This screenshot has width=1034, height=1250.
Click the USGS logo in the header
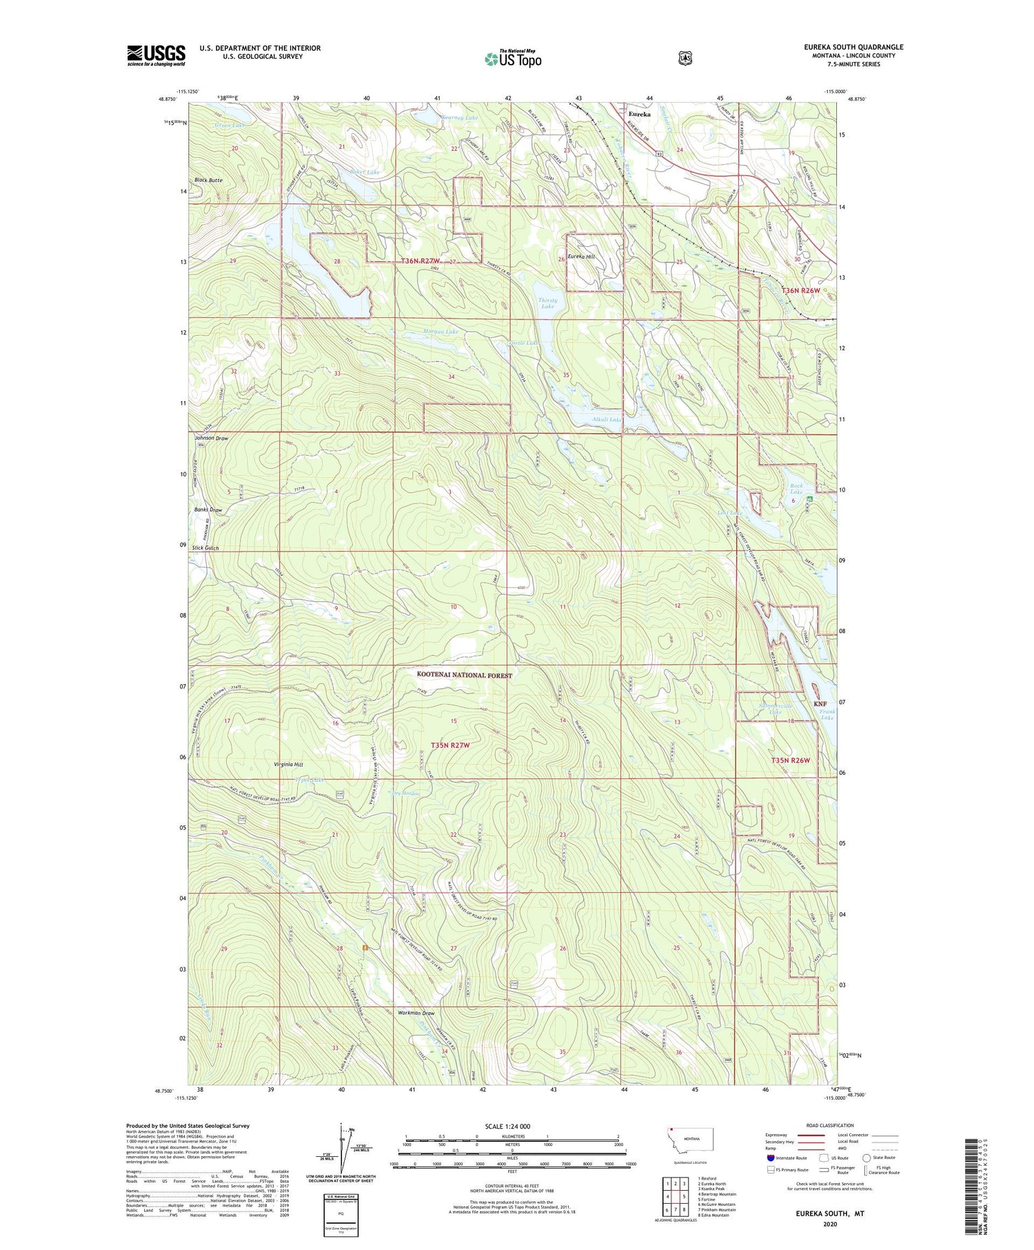(156, 55)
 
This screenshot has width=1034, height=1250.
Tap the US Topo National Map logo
(513, 58)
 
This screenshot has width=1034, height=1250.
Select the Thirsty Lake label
(547, 303)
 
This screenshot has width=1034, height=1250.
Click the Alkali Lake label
(606, 419)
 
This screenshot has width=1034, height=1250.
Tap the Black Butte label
(208, 180)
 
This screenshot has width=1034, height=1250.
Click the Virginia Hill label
(289, 765)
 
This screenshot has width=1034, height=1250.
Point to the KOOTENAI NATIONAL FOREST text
(464, 675)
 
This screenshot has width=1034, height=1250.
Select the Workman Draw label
(416, 1013)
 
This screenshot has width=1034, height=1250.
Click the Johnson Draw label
(211, 438)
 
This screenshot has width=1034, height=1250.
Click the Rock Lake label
(796, 489)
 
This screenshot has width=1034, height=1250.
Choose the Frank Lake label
(827, 714)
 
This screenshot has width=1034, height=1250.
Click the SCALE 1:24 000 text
(512, 1126)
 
